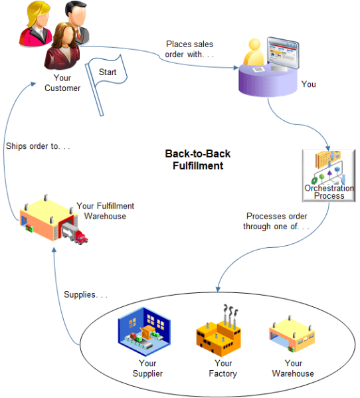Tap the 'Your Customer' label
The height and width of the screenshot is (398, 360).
[x=62, y=84]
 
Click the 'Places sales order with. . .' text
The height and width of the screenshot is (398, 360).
[x=189, y=49]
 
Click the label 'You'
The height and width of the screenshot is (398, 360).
[x=309, y=84]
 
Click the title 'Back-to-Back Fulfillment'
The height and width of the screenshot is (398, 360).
[x=197, y=159]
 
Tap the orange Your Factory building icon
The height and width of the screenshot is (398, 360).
[x=222, y=332]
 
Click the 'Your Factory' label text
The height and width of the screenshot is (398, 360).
[x=223, y=368]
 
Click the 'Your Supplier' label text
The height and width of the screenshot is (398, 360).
[x=147, y=368]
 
